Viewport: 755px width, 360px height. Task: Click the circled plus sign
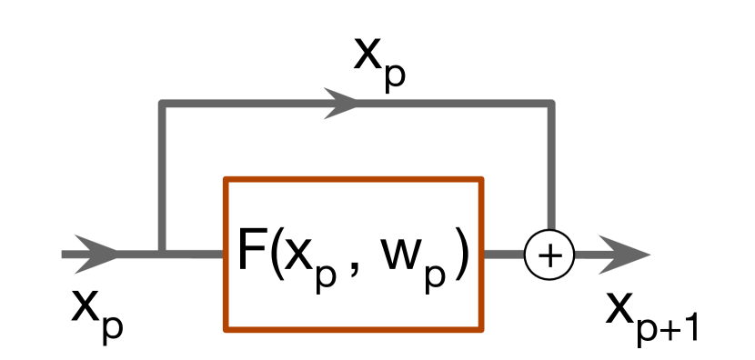pos(549,255)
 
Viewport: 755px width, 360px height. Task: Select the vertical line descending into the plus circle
pos(549,173)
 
